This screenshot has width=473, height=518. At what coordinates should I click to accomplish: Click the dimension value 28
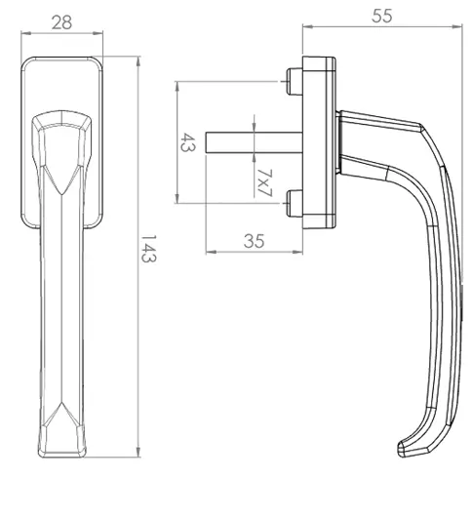(x=61, y=22)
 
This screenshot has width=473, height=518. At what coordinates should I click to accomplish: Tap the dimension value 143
(x=148, y=249)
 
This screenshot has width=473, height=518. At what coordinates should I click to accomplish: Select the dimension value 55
(x=382, y=16)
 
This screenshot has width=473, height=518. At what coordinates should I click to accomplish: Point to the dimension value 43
(x=188, y=142)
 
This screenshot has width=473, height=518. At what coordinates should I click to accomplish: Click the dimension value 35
(x=254, y=241)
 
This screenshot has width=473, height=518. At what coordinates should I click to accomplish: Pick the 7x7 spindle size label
(x=264, y=182)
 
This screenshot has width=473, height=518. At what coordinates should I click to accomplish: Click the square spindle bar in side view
(x=254, y=142)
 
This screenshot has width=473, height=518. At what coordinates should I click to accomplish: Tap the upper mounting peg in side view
(x=295, y=82)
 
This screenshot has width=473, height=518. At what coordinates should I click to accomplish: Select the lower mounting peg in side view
(x=295, y=204)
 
